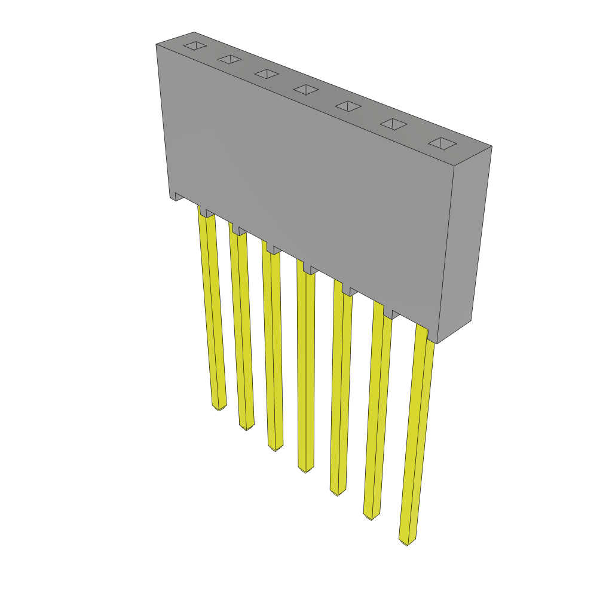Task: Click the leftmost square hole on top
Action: pos(195,45)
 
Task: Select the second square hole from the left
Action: pos(229,59)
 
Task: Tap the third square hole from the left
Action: pos(267,74)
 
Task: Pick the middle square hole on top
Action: pos(306,89)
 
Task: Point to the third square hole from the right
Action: pos(348,106)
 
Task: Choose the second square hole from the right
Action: pos(393,124)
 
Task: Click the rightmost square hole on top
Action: pos(442,143)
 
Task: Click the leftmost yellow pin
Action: pos(212,311)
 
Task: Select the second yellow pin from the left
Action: pos(242,329)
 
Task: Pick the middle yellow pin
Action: pos(305,371)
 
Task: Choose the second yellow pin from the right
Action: pos(377,412)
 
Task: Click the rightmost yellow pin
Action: pos(417,436)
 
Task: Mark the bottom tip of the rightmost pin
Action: pos(407,541)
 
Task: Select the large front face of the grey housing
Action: pos(305,179)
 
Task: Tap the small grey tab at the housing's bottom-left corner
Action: pos(178,197)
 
